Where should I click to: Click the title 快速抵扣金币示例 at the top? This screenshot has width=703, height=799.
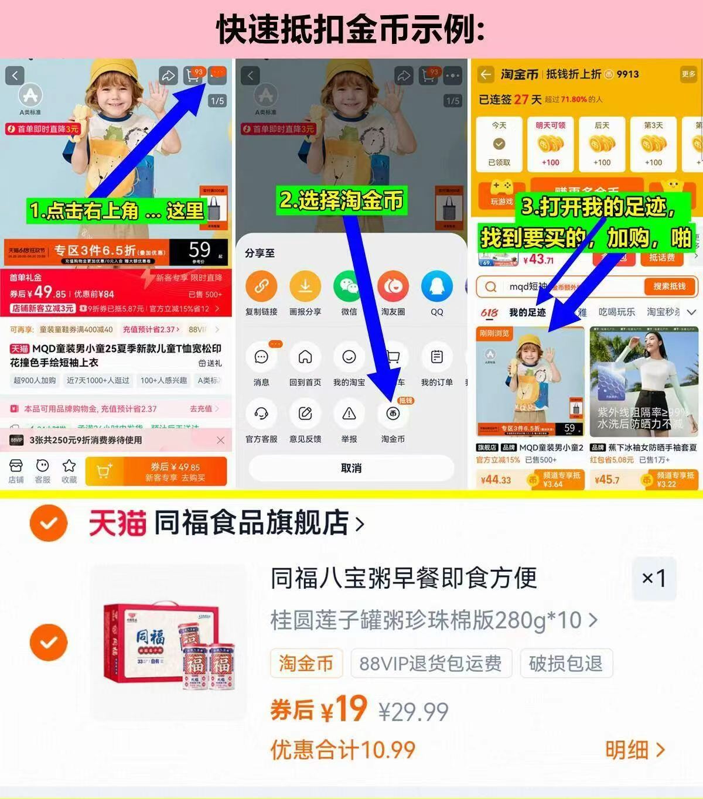pos(350,29)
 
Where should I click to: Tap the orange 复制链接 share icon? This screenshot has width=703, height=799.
pos(261,286)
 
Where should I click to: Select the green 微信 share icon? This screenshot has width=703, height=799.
pos(349,286)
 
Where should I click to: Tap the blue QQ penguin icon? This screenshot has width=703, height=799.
pos(437,286)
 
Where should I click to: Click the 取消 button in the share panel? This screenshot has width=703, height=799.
pos(351,468)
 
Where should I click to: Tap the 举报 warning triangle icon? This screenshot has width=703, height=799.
pos(349,414)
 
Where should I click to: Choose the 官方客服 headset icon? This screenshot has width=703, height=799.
pos(261,414)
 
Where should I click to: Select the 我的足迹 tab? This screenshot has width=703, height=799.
pos(527,312)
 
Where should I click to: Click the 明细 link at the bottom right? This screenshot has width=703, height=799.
pos(635,749)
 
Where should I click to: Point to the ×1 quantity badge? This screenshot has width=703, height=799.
pos(654,579)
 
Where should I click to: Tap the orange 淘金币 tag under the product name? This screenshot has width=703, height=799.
pos(306,663)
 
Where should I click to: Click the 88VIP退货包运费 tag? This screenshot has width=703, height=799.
pos(431,663)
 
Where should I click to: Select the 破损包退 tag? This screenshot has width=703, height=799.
pos(565,663)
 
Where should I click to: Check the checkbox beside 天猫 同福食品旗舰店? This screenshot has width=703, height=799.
pos(49,523)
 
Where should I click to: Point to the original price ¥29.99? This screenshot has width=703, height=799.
pos(414,712)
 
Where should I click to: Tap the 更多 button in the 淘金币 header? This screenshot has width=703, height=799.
pos(688,74)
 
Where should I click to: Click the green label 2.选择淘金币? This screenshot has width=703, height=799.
pos(342,200)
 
